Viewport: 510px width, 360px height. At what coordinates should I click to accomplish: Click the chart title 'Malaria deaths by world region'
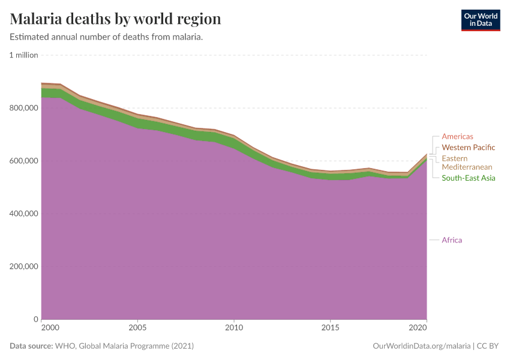[116, 19]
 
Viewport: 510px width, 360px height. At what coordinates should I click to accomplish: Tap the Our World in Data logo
[480, 20]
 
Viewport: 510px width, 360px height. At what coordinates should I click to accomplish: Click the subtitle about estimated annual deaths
[106, 37]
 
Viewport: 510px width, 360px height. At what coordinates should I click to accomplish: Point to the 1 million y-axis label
[23, 55]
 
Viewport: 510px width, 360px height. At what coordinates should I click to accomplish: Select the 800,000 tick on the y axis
[23, 108]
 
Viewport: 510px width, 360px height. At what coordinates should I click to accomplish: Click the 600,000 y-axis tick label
[23, 161]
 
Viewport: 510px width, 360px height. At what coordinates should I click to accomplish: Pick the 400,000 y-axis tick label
[23, 214]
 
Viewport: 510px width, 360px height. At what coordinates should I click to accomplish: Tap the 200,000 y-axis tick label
[23, 266]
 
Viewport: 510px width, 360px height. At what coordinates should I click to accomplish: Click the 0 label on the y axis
[35, 319]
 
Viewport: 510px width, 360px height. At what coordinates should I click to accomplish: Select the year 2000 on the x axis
[50, 328]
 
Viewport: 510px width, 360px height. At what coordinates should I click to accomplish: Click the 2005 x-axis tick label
[138, 328]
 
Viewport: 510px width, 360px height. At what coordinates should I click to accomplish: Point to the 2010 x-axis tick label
[234, 328]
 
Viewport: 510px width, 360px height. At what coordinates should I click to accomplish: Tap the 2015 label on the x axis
[330, 328]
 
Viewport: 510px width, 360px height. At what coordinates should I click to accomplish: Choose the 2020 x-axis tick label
[418, 328]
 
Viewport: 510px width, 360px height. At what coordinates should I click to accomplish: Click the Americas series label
[457, 137]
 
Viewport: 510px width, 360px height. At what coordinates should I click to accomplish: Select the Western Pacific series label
[468, 148]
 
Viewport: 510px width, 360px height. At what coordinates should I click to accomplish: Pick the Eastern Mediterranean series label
[467, 163]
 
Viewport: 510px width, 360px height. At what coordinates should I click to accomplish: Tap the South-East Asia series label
[468, 178]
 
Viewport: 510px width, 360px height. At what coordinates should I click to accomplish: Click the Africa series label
[452, 240]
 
